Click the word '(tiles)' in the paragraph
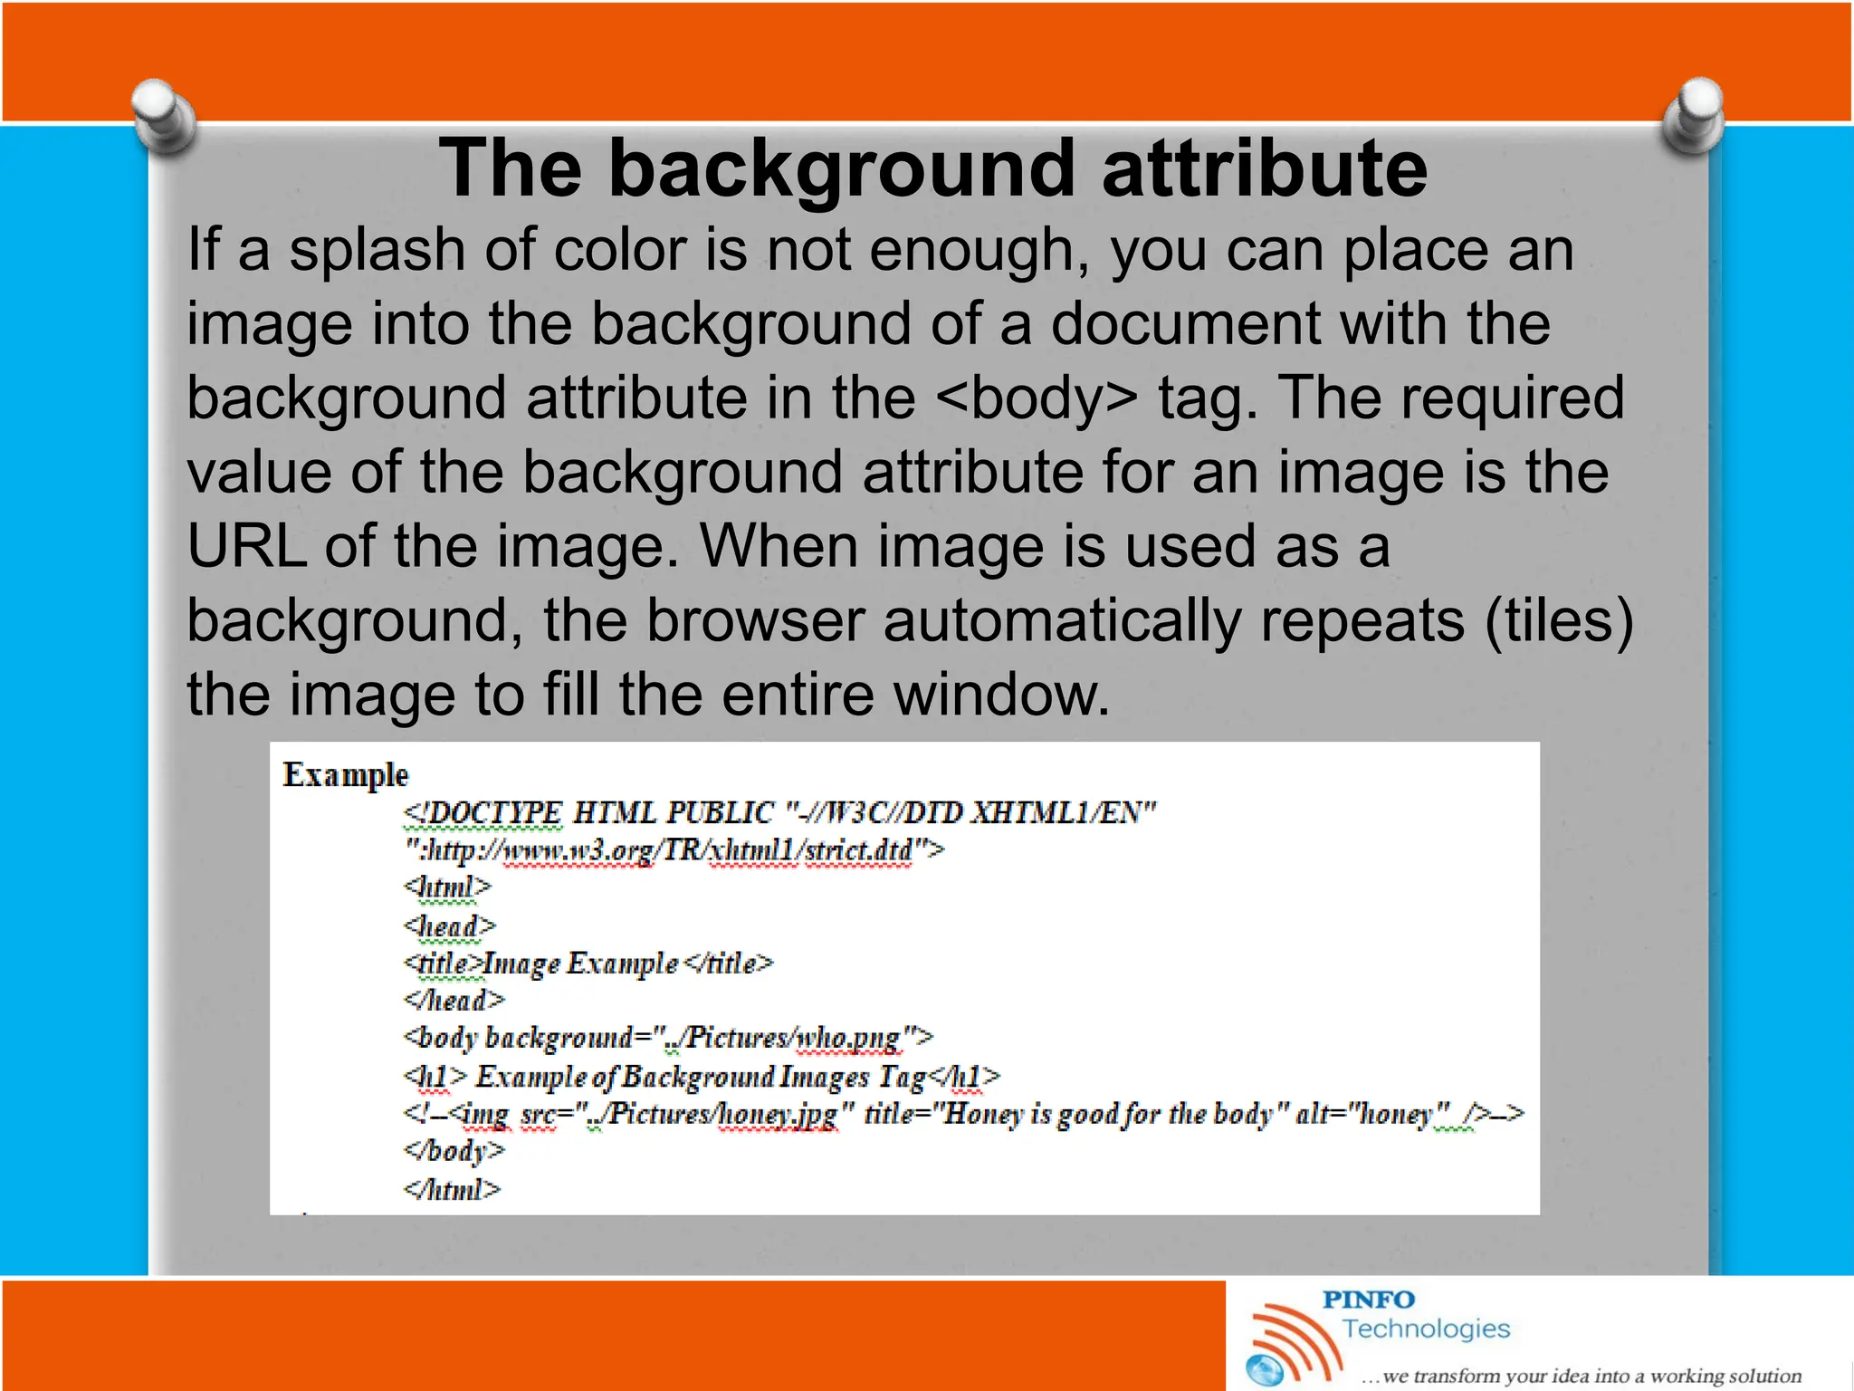(1559, 621)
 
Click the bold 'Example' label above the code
(345, 775)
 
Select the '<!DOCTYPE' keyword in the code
(483, 813)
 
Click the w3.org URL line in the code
(674, 850)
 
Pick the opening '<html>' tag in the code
(447, 887)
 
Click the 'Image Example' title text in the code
(580, 964)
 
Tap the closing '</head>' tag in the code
(454, 1001)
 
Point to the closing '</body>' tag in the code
(454, 1151)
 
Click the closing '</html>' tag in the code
(452, 1189)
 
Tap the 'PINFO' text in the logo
(1368, 1300)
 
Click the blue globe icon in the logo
(1264, 1369)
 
